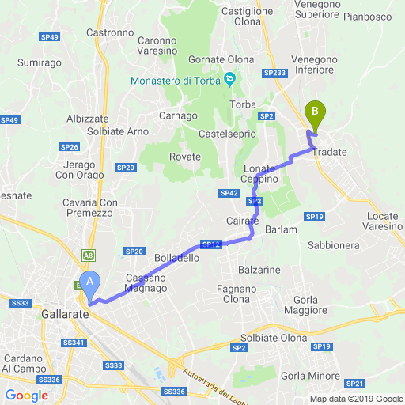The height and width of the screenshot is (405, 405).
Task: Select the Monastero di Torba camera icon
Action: click(x=230, y=79)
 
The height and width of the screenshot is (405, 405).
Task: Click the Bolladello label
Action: click(x=176, y=258)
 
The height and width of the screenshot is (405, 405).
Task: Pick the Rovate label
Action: click(x=185, y=157)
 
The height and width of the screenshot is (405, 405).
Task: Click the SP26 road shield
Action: click(x=69, y=147)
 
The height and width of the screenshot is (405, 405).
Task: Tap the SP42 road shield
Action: click(x=229, y=193)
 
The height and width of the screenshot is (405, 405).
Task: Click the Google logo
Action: click(x=25, y=396)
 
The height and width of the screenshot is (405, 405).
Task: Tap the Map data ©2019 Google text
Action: click(x=356, y=399)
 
